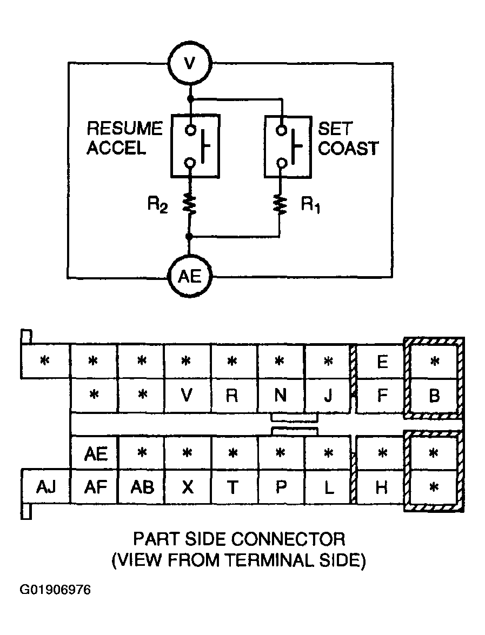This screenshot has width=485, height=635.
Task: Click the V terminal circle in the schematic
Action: click(x=189, y=64)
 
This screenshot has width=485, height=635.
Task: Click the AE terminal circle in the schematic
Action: click(x=189, y=277)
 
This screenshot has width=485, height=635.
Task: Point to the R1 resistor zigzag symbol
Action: click(x=280, y=204)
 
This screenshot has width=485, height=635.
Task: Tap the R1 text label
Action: click(x=310, y=206)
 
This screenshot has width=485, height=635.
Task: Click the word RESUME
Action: click(x=124, y=129)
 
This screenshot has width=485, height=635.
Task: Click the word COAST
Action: click(x=348, y=148)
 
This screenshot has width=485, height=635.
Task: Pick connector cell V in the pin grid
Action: click(x=187, y=395)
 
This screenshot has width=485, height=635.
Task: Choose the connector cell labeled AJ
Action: click(x=46, y=487)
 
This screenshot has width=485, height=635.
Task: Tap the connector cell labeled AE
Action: click(x=95, y=453)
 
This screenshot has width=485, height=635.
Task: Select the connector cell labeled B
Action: click(x=434, y=396)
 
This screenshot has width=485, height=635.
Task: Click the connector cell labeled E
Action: click(x=381, y=362)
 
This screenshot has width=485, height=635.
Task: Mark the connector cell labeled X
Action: click(x=187, y=487)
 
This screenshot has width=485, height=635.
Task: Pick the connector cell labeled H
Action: click(x=381, y=487)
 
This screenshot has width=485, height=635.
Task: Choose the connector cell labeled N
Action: click(x=281, y=395)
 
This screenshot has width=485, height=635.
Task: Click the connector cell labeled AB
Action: click(x=142, y=487)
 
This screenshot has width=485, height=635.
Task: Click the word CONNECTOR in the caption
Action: click(x=288, y=539)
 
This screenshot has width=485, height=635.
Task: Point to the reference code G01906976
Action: click(x=55, y=590)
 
